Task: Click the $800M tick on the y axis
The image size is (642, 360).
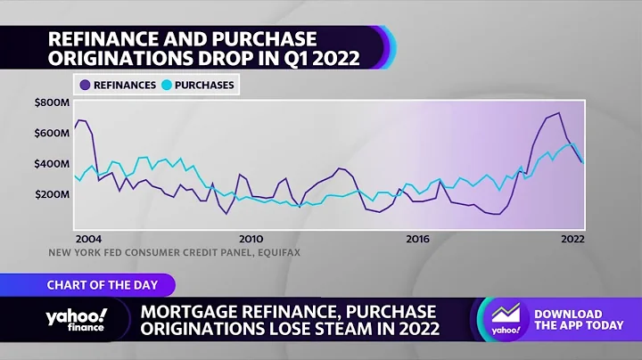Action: (52, 102)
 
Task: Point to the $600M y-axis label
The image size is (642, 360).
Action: (52, 133)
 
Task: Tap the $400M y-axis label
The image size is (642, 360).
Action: (52, 164)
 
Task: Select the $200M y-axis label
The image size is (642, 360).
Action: (52, 194)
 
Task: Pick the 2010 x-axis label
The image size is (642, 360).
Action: (251, 239)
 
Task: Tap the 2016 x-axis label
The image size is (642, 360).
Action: (416, 239)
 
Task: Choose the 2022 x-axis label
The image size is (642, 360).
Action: (572, 239)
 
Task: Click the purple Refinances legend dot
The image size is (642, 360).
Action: (85, 86)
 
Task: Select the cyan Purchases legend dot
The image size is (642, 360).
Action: (167, 86)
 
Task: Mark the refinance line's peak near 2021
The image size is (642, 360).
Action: (559, 113)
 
